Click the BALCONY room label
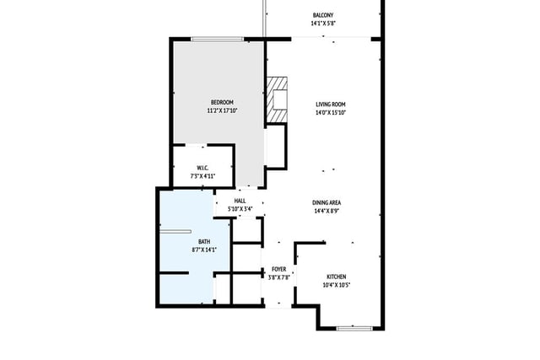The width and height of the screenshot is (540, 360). pyautogui.click(x=323, y=15)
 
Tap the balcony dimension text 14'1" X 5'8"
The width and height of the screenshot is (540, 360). pyautogui.click(x=323, y=24)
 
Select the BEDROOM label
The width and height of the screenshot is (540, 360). pyautogui.click(x=222, y=102)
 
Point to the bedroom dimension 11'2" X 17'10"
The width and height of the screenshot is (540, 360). pyautogui.click(x=222, y=110)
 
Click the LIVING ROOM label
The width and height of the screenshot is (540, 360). pyautogui.click(x=331, y=105)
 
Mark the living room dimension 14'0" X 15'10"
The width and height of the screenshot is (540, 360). pyautogui.click(x=331, y=112)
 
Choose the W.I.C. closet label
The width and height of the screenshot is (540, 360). pyautogui.click(x=202, y=168)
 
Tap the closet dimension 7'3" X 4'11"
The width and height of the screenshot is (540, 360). pyautogui.click(x=202, y=176)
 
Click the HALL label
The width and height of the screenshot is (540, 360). pyautogui.click(x=240, y=201)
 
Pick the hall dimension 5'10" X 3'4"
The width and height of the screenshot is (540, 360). pyautogui.click(x=240, y=209)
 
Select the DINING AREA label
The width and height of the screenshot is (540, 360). pyautogui.click(x=327, y=202)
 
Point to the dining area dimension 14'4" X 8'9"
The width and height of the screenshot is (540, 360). pyautogui.click(x=327, y=211)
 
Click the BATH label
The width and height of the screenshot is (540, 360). pyautogui.click(x=204, y=242)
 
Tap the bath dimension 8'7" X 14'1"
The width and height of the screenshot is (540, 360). pyautogui.click(x=204, y=250)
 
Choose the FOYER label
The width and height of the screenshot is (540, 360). pyautogui.click(x=279, y=269)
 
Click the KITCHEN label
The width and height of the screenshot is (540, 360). pyautogui.click(x=337, y=277)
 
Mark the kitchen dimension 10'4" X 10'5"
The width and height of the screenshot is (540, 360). pyautogui.click(x=337, y=285)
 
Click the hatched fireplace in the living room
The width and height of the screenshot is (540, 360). pyautogui.click(x=277, y=99)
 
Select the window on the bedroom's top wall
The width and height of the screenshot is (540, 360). pyautogui.click(x=218, y=39)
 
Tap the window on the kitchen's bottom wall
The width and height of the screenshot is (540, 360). pyautogui.click(x=354, y=328)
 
